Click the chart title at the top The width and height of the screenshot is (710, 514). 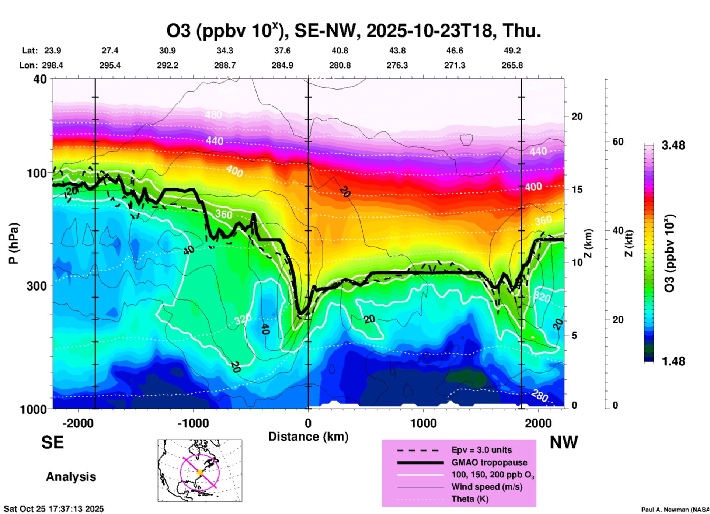(x=354, y=31)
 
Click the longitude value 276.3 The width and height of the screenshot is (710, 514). (x=397, y=66)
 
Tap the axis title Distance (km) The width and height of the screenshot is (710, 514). (x=308, y=437)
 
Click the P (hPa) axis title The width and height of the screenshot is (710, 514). (x=14, y=243)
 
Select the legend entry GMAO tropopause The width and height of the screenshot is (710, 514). (x=489, y=462)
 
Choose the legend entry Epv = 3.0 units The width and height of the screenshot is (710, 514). (x=481, y=450)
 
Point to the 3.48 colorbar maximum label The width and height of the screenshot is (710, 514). (x=673, y=146)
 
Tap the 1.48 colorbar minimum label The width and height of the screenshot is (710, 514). (x=673, y=361)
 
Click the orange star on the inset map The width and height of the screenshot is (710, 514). (x=200, y=472)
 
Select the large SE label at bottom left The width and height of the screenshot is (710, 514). (x=52, y=442)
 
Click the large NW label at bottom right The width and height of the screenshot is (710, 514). (x=564, y=442)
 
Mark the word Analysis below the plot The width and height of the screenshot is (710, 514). (x=71, y=477)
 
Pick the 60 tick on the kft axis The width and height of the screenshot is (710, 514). (x=618, y=142)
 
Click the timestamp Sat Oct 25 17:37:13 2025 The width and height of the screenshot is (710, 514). (x=54, y=509)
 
